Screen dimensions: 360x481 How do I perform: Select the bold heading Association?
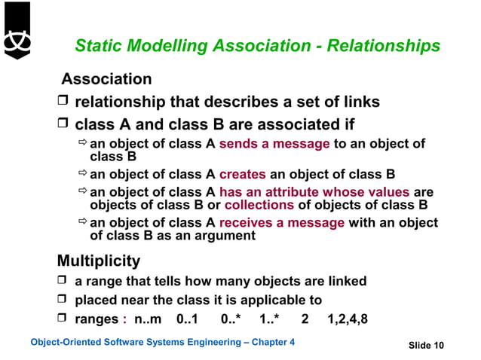pyautogui.click(x=106, y=79)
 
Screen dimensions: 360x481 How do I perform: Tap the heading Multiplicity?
pyautogui.click(x=99, y=261)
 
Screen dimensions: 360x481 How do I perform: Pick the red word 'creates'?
pyautogui.click(x=243, y=172)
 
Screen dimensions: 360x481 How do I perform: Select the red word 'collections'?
pyautogui.click(x=258, y=204)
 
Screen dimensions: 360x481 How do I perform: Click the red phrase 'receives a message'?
pyautogui.click(x=282, y=223)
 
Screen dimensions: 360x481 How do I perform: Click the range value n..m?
pyautogui.click(x=147, y=319)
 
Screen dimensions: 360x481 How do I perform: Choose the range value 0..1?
pyautogui.click(x=186, y=319)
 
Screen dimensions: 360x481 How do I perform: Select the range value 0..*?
pyautogui.click(x=231, y=319)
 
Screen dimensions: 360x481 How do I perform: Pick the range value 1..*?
pyautogui.click(x=269, y=319)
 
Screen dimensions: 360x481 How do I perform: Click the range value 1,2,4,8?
pyautogui.click(x=348, y=319)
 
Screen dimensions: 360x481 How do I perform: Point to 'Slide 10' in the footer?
pyautogui.click(x=426, y=345)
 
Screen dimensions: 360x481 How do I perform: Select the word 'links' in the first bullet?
pyautogui.click(x=359, y=102)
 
